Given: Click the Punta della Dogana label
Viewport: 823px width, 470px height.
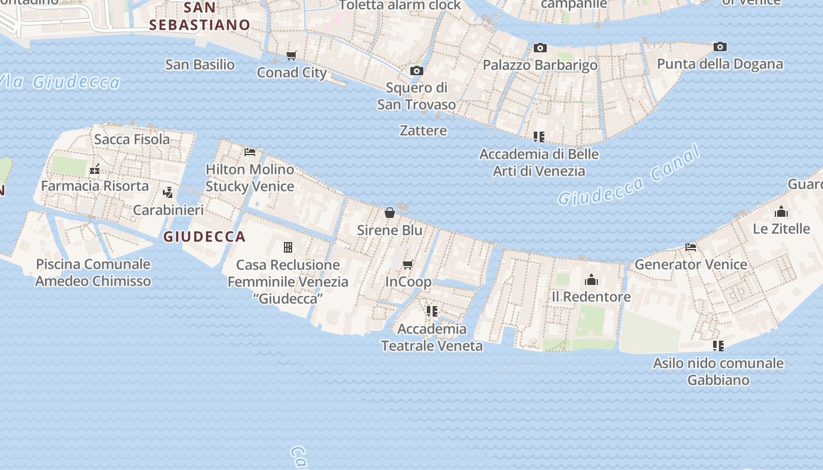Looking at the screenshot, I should [720, 64].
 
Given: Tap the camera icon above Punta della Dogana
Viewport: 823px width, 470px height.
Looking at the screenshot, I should [720, 46].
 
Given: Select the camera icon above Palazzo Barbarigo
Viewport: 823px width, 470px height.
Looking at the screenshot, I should [540, 48].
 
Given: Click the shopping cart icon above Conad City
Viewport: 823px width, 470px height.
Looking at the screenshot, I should [292, 55].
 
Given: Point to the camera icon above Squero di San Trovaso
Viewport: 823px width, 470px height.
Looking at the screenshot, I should [416, 70].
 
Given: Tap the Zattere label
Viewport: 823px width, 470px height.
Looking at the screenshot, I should [423, 130].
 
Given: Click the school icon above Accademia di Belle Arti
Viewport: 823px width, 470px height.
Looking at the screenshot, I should [539, 137].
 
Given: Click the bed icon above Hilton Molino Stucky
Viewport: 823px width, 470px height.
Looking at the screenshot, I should [250, 152].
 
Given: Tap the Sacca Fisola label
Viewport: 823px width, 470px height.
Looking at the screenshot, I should [132, 139].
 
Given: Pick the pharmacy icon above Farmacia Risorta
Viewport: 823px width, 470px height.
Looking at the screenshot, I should [95, 169].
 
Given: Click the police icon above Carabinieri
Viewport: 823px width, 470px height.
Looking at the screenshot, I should [168, 192].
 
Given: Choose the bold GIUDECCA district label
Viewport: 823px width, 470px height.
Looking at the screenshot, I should [204, 237].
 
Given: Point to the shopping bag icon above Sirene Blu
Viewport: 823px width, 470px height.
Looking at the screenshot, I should [389, 212].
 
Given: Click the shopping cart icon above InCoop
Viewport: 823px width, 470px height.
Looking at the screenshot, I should [408, 264].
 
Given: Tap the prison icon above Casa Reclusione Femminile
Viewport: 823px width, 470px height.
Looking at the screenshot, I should [288, 247].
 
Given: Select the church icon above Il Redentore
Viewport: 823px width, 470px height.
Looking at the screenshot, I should [591, 280].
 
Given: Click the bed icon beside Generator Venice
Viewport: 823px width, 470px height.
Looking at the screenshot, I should [691, 247].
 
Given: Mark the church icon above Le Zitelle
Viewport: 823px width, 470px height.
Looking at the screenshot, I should [781, 211].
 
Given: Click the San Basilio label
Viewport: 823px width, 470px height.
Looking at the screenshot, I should [200, 65].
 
